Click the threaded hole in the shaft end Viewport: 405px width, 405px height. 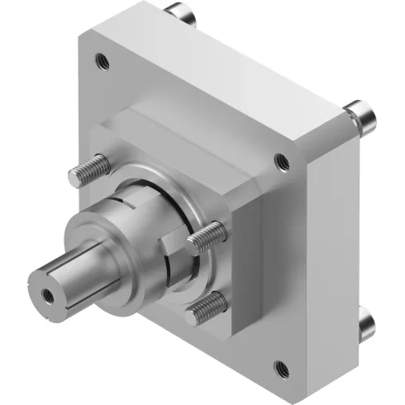pos(44,293)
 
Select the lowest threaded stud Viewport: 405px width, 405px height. pos(204,308)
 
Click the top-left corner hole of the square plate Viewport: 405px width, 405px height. pos(102,60)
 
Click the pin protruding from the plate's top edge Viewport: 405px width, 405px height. pos(181,14)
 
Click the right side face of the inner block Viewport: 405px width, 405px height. pos(252,264)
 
